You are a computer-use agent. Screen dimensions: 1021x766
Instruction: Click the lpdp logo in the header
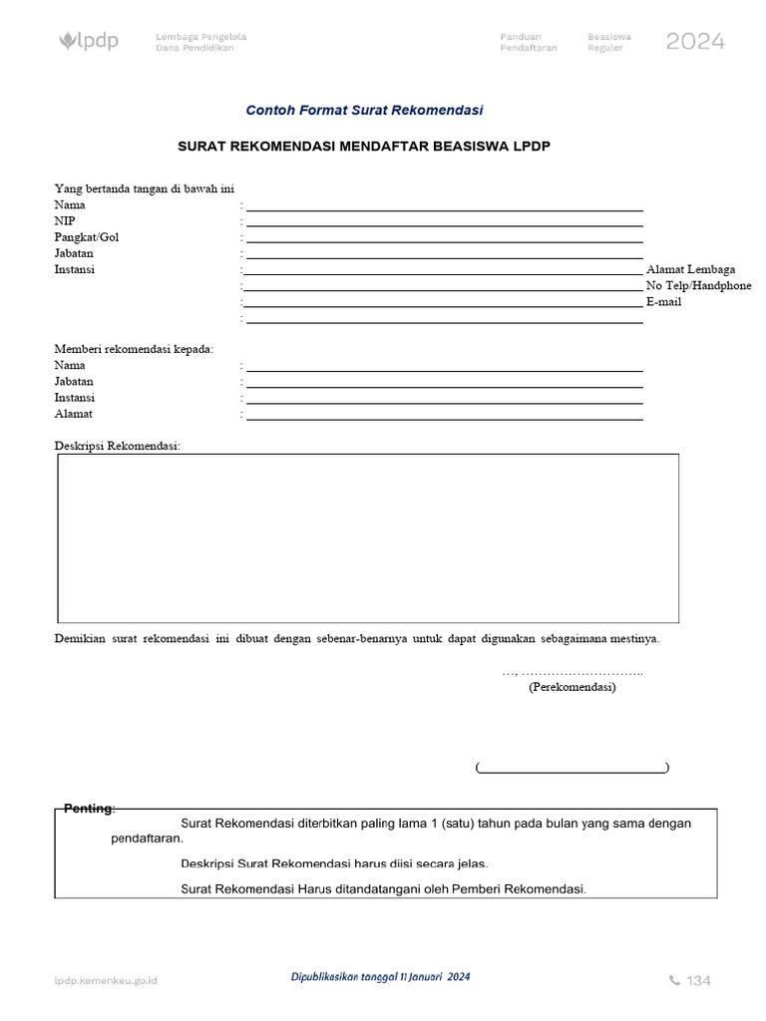coord(89,42)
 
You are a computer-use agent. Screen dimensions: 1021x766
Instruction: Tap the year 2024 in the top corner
coord(695,42)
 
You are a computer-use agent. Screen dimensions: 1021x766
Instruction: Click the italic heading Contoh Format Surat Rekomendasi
coord(364,111)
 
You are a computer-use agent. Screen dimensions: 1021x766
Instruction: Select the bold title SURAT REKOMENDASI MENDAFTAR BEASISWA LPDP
coord(364,146)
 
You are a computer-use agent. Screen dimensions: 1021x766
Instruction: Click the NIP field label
coord(64,220)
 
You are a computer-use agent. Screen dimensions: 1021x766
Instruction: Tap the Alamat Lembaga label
coord(690,269)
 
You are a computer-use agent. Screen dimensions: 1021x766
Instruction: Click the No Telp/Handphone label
coord(698,285)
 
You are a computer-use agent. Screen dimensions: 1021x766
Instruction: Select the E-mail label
coord(663,302)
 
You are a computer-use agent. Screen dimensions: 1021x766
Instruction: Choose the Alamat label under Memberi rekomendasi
coord(73,414)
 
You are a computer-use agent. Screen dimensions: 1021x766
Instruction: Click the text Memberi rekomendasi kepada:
coord(134,349)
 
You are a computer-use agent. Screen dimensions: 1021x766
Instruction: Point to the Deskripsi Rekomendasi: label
coord(117,446)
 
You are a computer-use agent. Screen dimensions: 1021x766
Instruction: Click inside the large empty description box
coord(367,538)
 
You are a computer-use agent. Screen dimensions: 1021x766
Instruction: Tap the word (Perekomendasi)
coord(572,688)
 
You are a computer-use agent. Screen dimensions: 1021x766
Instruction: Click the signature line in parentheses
coord(572,768)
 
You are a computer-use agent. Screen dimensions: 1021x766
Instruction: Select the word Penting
coord(89,809)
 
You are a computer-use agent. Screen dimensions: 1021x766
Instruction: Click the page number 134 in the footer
coord(698,981)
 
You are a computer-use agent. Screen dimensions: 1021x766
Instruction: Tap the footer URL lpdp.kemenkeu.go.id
coord(106,981)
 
